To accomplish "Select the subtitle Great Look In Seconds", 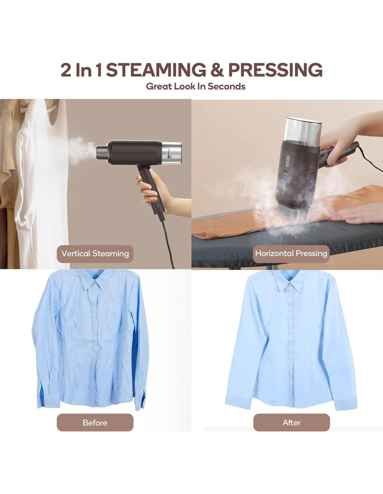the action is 196,87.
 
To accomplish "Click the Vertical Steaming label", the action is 95,254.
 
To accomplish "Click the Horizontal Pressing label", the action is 291,254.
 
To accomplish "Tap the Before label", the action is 95,423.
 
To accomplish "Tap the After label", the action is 291,423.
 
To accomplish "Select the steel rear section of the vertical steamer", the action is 172,153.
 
